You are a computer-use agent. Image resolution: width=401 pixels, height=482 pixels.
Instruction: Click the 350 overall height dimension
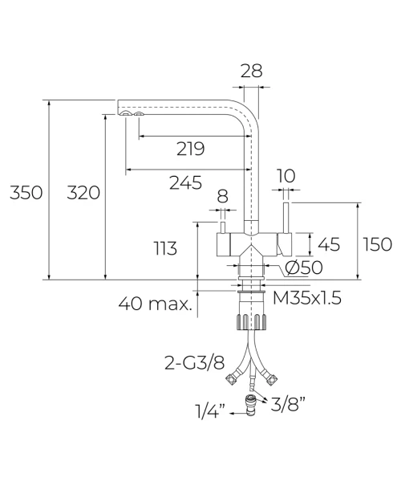point(26,193)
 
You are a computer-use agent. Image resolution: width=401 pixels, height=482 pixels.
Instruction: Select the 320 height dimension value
point(83,193)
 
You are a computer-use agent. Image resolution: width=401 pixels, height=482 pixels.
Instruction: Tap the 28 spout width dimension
point(251,71)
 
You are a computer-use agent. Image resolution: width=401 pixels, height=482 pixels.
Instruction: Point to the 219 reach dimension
point(190,149)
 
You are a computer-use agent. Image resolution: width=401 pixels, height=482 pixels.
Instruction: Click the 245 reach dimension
point(185,182)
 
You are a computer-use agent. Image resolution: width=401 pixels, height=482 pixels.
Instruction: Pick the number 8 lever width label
point(222,196)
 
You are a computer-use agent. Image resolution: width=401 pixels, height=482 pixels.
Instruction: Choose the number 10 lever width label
point(286,176)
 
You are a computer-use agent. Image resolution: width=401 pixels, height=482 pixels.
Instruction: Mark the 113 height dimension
point(165,248)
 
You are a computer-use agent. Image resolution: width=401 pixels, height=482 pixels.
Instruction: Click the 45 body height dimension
point(329,245)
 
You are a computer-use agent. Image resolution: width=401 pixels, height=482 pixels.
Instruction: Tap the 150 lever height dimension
point(377,245)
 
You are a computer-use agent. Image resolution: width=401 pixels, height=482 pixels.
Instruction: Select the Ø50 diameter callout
point(304,268)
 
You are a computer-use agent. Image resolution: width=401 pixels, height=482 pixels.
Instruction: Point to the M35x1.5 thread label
point(307,297)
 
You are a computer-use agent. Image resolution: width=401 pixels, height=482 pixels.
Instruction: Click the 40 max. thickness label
point(155,304)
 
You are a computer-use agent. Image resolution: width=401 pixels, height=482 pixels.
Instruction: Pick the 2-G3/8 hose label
point(195,363)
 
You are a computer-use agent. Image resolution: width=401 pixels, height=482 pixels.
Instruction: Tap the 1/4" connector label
point(210,411)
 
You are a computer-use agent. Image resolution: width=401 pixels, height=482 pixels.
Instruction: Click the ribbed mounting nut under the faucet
point(251,322)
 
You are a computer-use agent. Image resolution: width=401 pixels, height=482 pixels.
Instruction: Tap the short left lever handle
point(223,227)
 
